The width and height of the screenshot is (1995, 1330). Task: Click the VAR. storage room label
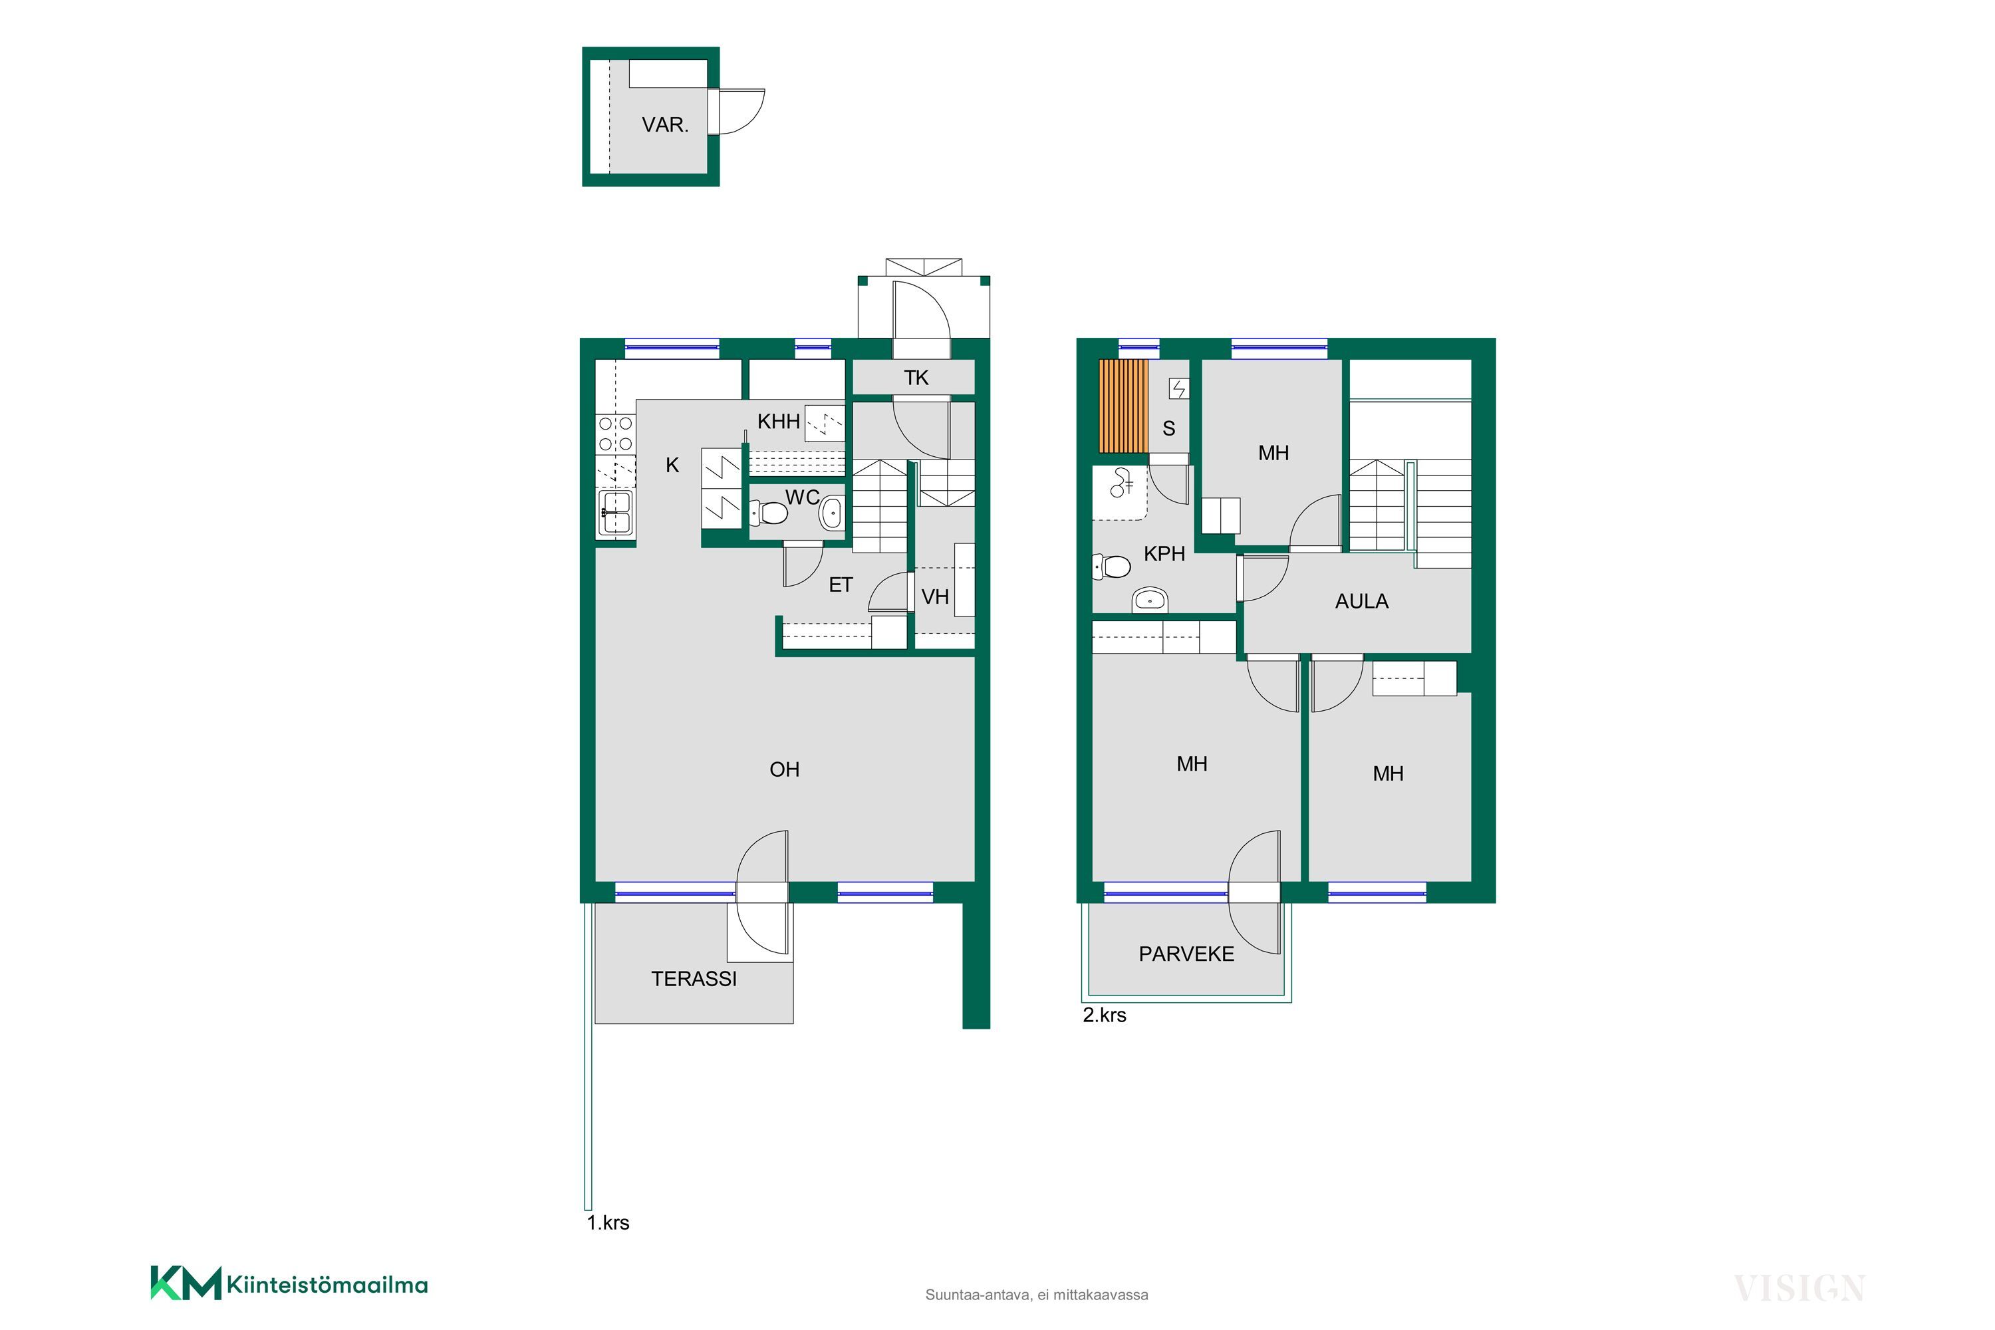665,125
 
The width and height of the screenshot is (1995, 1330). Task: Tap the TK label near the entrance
916,378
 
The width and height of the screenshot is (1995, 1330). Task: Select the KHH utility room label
779,421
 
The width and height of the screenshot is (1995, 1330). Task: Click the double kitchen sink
616,513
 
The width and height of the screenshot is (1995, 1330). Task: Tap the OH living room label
785,769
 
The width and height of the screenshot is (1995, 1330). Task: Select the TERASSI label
694,979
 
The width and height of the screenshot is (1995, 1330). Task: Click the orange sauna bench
1123,406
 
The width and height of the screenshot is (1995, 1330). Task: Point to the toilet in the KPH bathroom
1112,566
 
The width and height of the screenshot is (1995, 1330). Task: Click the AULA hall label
1361,601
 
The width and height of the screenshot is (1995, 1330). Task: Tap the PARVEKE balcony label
1186,954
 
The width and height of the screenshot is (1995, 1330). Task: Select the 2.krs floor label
1105,1015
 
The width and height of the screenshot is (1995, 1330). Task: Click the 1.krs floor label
608,1223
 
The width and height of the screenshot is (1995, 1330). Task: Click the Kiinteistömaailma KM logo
289,1284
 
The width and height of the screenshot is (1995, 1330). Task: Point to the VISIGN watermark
1798,1289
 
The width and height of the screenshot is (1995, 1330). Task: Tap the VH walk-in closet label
935,597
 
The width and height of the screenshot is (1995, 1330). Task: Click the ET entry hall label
841,585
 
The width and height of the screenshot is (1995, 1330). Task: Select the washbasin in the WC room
831,512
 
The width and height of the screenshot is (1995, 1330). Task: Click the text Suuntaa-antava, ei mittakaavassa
1037,1295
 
